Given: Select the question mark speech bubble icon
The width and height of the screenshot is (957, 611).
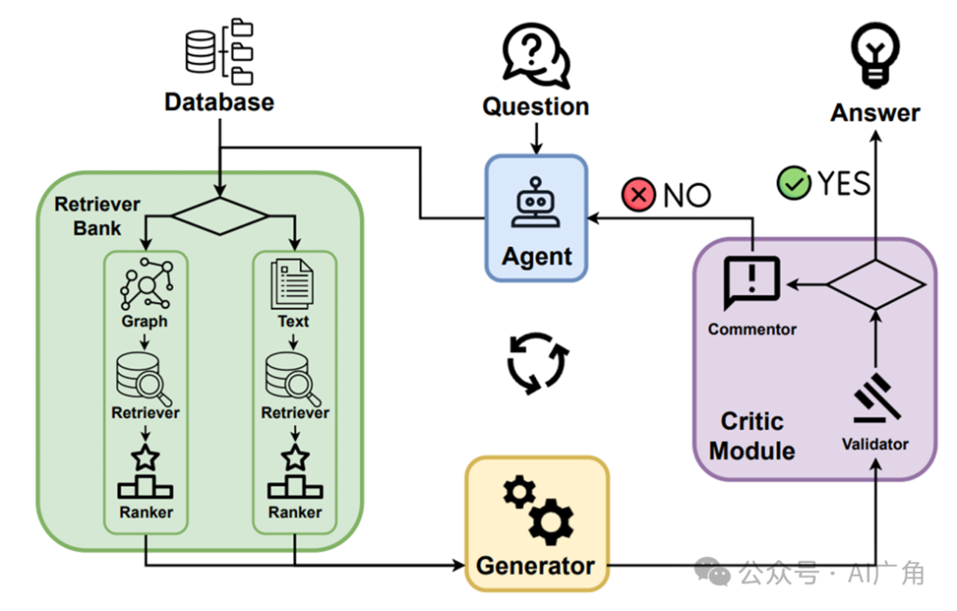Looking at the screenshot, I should [534, 55].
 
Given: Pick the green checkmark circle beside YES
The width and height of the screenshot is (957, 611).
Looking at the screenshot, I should [794, 183].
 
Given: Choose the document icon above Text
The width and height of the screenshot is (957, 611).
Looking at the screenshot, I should [293, 282].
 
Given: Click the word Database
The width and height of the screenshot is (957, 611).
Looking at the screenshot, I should [219, 102].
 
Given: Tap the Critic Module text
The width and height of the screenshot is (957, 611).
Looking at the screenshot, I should [751, 435].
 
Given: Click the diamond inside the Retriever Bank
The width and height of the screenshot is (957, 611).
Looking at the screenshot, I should [219, 216].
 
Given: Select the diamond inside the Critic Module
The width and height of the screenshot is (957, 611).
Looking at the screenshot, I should [875, 284].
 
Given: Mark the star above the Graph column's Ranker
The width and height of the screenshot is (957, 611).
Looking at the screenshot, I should [144, 459].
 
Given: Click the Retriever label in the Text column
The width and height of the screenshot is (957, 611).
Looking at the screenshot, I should [295, 413].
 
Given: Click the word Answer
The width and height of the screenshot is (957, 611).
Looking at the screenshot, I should [875, 112].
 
